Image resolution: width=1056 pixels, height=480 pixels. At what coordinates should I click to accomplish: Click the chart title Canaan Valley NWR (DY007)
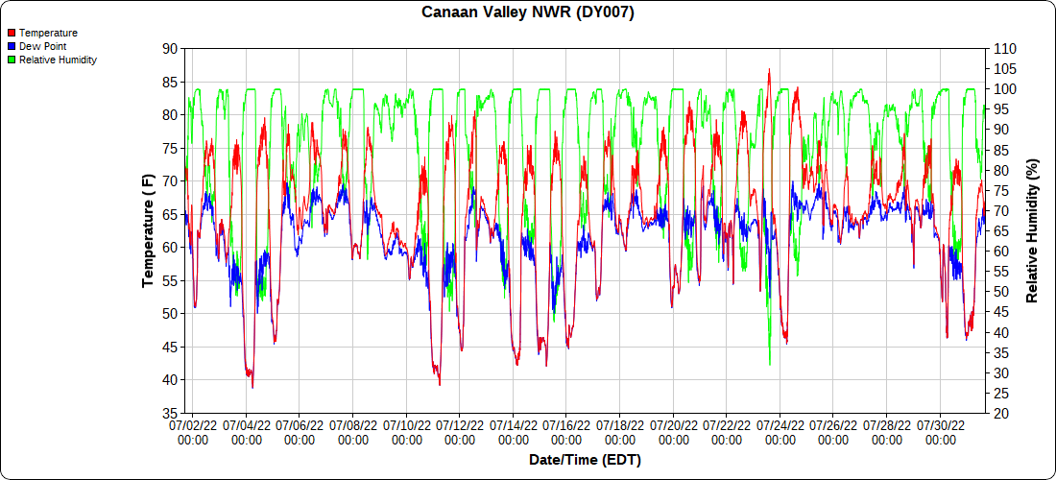pos(528,12)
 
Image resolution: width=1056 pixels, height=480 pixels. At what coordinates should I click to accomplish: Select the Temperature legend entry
pos(48,33)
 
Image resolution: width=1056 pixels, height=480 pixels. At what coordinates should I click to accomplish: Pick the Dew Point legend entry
pos(42,46)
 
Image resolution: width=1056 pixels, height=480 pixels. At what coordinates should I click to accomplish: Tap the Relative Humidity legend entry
pos(58,60)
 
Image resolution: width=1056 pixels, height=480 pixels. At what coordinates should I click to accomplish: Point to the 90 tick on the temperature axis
pos(170,48)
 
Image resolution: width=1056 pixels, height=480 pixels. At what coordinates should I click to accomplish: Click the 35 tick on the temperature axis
pos(170,413)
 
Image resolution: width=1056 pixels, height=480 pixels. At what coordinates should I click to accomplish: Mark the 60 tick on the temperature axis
pos(170,247)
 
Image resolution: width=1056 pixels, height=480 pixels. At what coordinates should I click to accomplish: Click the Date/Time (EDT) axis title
pos(585,460)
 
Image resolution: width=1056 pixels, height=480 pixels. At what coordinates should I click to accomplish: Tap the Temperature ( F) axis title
pos(148,230)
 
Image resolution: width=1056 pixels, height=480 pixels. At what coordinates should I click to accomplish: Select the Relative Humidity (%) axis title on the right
pos(1033,230)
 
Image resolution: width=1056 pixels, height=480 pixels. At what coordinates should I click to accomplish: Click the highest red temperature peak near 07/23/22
pos(769,70)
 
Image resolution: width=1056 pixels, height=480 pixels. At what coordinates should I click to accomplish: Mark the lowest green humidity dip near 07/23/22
pos(770,364)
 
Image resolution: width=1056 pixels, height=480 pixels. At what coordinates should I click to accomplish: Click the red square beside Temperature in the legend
pos(12,33)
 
